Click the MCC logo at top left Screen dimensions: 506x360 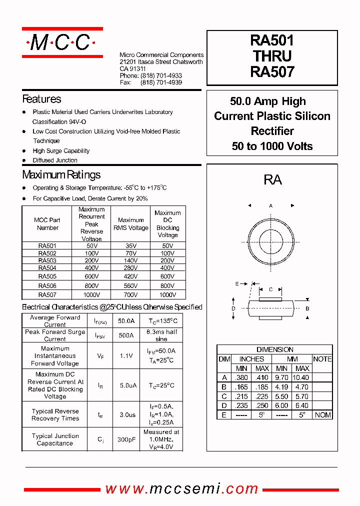(x=62, y=42)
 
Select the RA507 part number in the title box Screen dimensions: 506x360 (x=272, y=72)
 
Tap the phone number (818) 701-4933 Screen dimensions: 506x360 (x=161, y=75)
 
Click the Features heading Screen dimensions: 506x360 (x=41, y=99)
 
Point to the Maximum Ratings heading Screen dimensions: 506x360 (x=61, y=175)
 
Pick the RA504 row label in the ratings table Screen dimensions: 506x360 (x=47, y=267)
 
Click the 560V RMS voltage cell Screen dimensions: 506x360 (x=131, y=285)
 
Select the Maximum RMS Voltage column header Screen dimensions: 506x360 (x=131, y=224)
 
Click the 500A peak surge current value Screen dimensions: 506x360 (x=126, y=335)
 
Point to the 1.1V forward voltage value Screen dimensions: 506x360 (x=126, y=356)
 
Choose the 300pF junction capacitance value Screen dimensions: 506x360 (x=126, y=439)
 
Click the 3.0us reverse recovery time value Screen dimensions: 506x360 (x=126, y=414)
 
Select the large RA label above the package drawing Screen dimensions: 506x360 (x=272, y=180)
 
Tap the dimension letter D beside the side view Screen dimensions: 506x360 (x=233, y=308)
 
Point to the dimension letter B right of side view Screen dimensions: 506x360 (x=307, y=308)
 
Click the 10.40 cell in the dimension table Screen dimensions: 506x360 (x=302, y=377)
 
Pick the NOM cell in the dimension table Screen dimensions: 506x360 (x=322, y=415)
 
